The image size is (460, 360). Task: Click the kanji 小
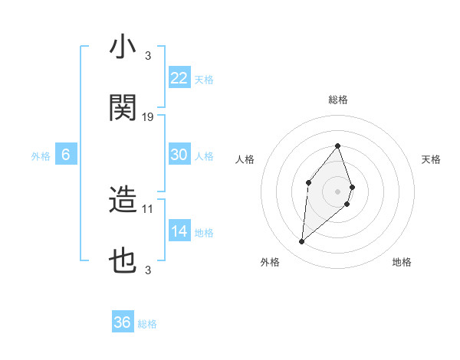[123, 47]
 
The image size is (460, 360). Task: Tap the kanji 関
[123, 109]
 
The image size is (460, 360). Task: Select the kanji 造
[123, 201]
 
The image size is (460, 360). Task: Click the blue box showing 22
[179, 78]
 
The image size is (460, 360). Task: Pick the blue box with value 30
[179, 155]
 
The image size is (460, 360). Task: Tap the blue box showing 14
[179, 231]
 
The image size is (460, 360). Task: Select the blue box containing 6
[66, 155]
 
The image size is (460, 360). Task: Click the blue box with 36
[123, 322]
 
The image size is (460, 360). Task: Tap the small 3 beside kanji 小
[147, 55]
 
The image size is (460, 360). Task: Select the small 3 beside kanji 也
[147, 270]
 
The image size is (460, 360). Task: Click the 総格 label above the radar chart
[338, 100]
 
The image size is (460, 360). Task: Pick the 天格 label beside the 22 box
[203, 79]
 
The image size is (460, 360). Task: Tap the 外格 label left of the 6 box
[41, 155]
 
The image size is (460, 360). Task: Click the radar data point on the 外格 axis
[301, 242]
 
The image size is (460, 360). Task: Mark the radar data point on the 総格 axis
[338, 146]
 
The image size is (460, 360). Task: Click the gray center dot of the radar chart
[338, 191]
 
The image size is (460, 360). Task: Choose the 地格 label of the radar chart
[402, 262]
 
